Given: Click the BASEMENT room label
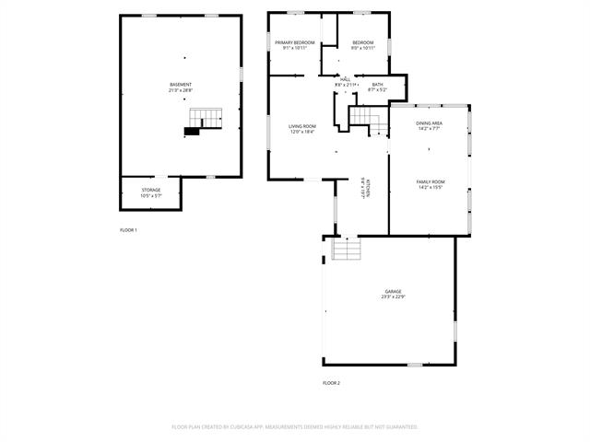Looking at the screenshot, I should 181,85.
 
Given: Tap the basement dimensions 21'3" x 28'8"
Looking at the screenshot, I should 181,90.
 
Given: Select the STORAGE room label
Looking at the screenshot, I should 150,190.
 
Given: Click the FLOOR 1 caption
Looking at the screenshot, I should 128,229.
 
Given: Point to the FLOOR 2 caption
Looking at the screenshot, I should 331,382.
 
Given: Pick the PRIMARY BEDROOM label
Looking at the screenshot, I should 295,42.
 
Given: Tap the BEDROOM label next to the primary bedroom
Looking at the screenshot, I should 363,42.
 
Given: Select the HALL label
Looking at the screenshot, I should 345,79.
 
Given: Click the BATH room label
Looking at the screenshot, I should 377,84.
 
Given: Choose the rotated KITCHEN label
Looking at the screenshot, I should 366,187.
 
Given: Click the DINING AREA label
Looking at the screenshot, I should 430,122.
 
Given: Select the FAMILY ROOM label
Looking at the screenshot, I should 431,181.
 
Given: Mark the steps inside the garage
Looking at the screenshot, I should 346,250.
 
